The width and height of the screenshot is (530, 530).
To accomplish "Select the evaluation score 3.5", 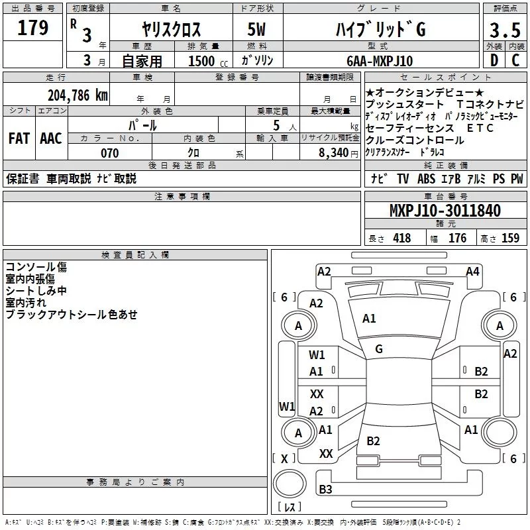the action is click(x=505, y=30).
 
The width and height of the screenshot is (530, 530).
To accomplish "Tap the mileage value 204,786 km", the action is click(x=78, y=95).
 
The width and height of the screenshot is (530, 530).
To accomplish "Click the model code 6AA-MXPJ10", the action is click(x=380, y=61).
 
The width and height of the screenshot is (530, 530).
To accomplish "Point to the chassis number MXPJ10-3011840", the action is click(x=445, y=211).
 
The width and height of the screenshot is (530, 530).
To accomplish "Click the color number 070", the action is click(x=109, y=153).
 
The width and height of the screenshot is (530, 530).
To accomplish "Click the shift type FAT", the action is click(x=19, y=138).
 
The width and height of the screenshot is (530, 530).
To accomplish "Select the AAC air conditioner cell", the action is click(x=50, y=138).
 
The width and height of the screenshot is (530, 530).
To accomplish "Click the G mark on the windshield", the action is click(x=379, y=348).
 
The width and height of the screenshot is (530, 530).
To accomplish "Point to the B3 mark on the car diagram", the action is click(x=325, y=490).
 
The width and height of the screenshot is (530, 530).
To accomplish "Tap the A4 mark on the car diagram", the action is click(x=472, y=271).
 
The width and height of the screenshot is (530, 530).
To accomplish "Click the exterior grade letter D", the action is click(x=494, y=61).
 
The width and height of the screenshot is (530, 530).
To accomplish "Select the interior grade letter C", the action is click(x=515, y=61).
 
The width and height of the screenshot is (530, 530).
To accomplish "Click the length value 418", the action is click(x=401, y=238).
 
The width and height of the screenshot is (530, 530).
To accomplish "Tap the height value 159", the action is click(x=510, y=238).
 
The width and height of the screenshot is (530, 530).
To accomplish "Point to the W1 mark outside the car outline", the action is click(x=286, y=405).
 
